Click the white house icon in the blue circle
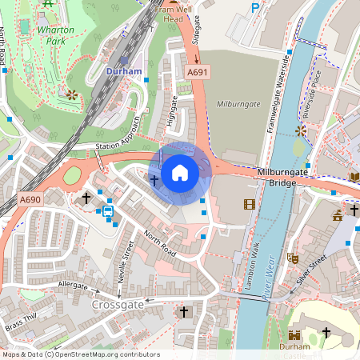click(x=180, y=173)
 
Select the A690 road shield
click(x=30, y=200)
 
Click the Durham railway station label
click(x=124, y=71)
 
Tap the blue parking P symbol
click(x=256, y=8)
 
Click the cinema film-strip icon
click(x=250, y=205)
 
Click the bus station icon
click(x=106, y=211)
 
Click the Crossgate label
click(x=118, y=305)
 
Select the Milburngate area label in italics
click(x=239, y=103)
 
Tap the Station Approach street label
click(x=118, y=133)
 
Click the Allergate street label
click(x=73, y=285)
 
